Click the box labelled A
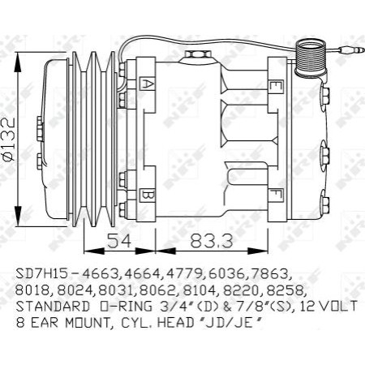(x=148, y=83)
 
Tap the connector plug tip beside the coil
(x=350, y=49)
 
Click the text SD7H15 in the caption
(x=41, y=274)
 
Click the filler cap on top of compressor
(x=195, y=56)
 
